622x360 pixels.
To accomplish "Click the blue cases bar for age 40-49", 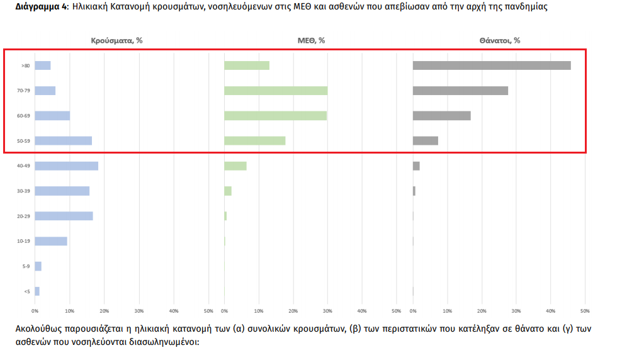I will tap(66, 166).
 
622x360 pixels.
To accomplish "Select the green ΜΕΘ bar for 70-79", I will tap(276, 91).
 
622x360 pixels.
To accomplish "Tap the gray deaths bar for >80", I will tap(492, 65).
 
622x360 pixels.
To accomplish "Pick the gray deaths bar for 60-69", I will tap(441, 116).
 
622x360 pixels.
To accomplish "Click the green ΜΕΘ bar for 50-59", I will tap(255, 141).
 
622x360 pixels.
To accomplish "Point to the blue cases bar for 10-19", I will tap(51, 241).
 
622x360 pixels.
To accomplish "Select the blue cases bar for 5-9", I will tap(38, 266).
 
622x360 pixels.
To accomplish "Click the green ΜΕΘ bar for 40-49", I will tap(235, 166).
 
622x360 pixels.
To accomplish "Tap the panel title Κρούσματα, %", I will tap(118, 40).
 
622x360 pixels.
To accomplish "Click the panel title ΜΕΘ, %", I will tap(311, 40).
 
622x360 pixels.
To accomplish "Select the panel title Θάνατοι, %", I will tap(499, 40).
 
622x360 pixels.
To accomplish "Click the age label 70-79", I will tap(24, 91).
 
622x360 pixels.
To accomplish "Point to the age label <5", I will tap(26, 291).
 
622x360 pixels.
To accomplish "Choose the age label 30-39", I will tap(24, 191).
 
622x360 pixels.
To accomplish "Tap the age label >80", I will tap(25, 65).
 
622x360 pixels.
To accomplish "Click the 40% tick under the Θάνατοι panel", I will tap(550, 311).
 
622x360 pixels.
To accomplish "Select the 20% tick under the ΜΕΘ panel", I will tap(293, 311).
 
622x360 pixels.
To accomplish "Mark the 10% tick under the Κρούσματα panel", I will tap(70, 311).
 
